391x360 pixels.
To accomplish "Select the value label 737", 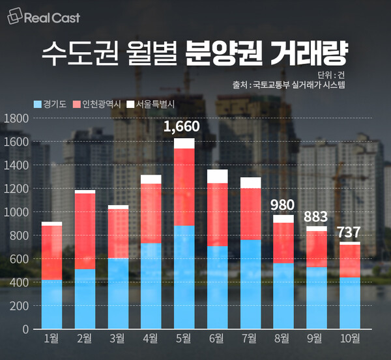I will tap(350, 232).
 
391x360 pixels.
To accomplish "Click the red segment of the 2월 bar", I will tap(85, 231).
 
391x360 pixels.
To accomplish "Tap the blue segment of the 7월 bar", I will tap(250, 284).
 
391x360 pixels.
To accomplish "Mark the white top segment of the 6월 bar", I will tap(217, 176).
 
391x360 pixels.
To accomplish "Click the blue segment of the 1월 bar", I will tap(51, 304).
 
